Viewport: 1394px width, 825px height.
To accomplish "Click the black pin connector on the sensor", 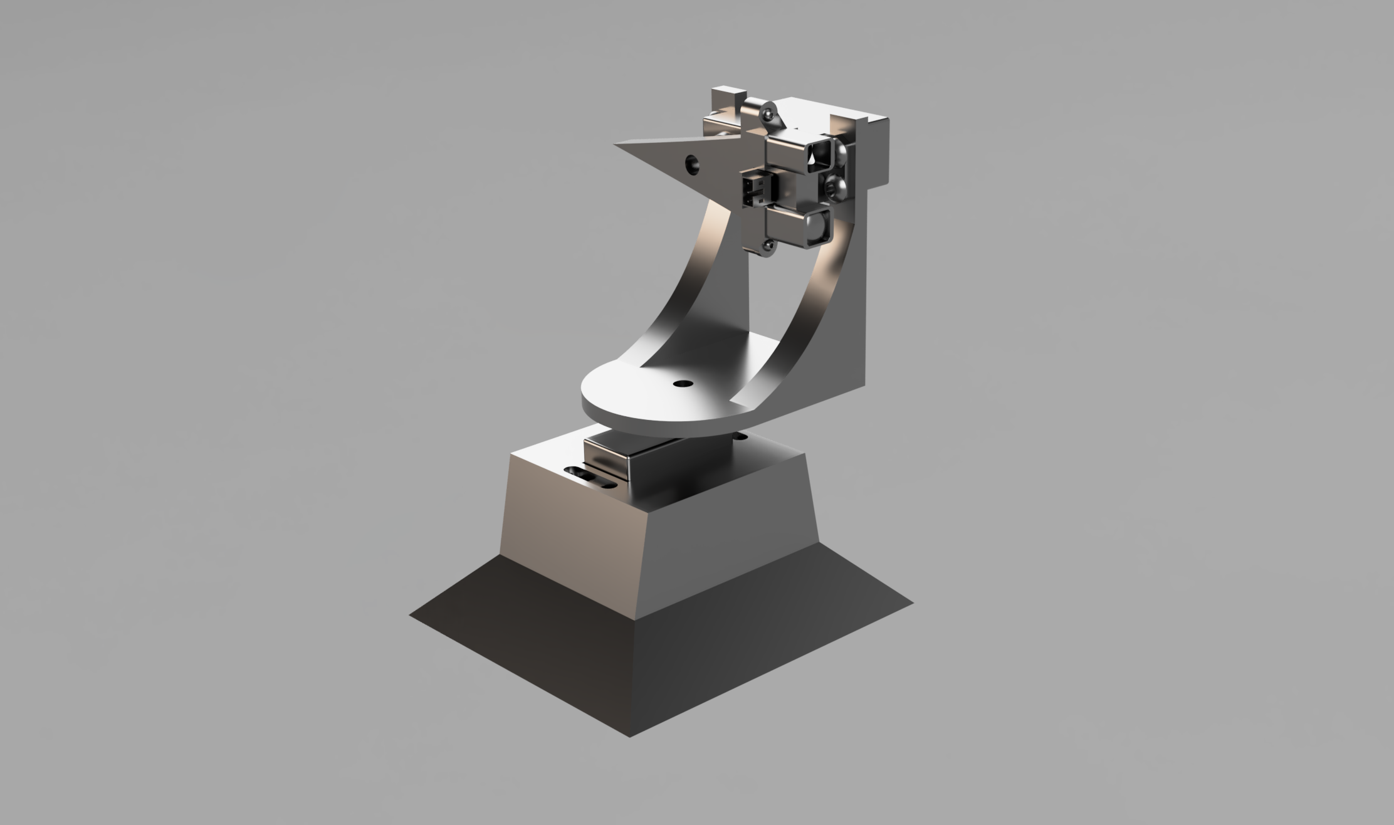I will (753, 191).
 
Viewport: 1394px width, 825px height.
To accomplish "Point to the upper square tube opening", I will (819, 154).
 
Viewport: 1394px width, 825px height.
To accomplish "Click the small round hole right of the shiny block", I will (740, 435).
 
